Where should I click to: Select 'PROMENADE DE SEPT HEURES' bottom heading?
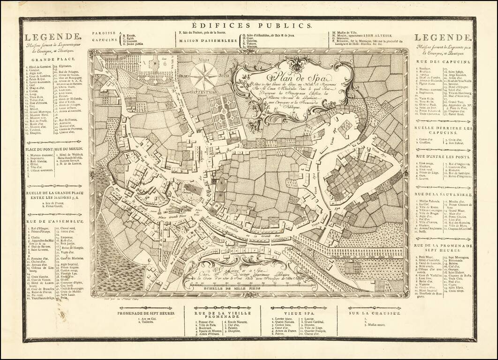click(x=146, y=313)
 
